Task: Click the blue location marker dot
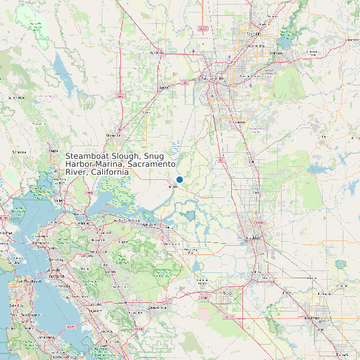179,179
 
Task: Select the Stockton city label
254,237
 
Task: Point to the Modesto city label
312,318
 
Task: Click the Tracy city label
228,292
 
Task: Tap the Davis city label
163,87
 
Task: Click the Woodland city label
157,52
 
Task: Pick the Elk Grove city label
238,122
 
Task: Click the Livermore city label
157,308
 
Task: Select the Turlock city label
343,355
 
